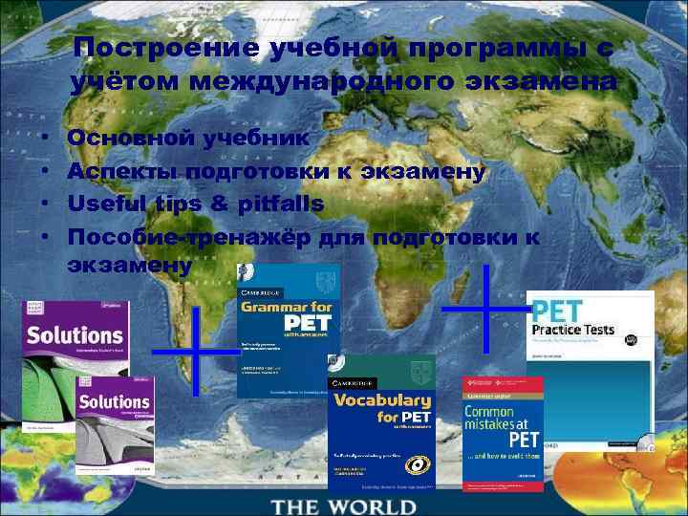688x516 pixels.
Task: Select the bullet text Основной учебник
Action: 188,138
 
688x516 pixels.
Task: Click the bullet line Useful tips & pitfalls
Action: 196,204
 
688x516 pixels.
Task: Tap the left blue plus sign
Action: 196,351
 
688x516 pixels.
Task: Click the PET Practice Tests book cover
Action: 591,368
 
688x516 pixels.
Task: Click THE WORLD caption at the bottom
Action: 343,504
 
